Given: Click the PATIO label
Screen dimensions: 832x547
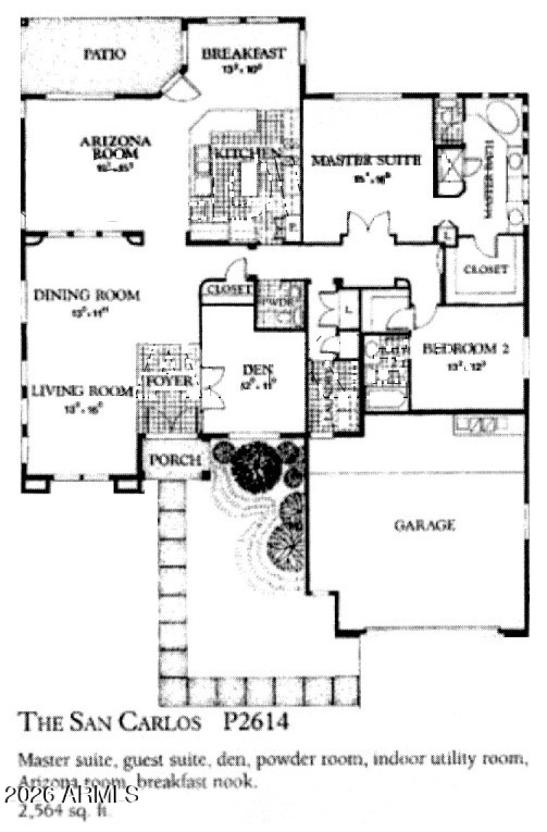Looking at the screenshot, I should click(104, 55).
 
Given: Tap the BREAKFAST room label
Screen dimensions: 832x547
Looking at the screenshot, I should click(243, 53).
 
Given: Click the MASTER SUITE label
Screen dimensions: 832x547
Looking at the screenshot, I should click(366, 161).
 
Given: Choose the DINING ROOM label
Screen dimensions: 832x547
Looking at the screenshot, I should click(87, 296).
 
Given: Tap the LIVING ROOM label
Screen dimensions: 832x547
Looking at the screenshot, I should click(81, 392).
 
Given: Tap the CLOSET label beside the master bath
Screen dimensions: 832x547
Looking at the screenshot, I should click(485, 269).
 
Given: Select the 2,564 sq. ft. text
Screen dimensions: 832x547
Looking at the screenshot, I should click(65, 812).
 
